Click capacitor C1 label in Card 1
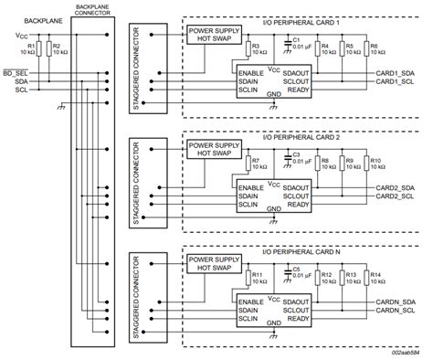click(x=295, y=39)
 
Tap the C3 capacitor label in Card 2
click(x=295, y=154)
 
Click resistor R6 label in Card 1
click(x=374, y=46)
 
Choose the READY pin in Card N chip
click(x=295, y=322)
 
